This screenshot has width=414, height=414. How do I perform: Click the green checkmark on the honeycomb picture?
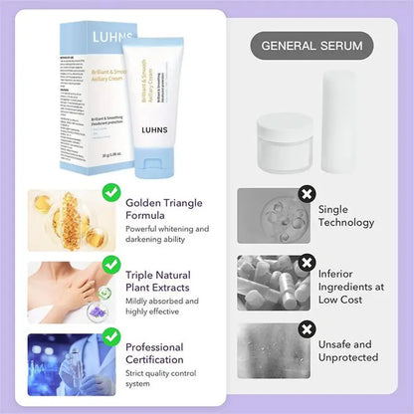click(x=112, y=191)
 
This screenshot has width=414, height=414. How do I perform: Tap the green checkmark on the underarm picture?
click(x=112, y=264)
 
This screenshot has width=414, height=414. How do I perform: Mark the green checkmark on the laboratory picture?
click(x=112, y=336)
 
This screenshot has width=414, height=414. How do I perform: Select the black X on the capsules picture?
click(x=307, y=264)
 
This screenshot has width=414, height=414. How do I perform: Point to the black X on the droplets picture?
click(x=307, y=328)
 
